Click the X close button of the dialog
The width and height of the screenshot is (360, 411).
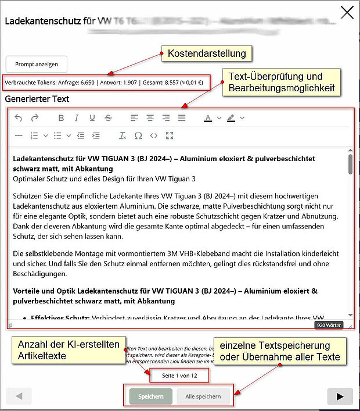(347, 13)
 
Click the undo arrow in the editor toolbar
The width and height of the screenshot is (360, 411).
(19, 118)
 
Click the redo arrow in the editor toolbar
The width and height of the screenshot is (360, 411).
(34, 118)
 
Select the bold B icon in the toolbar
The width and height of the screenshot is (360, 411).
(61, 118)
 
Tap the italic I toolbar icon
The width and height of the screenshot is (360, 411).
(76, 118)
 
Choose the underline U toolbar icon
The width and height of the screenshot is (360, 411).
(92, 118)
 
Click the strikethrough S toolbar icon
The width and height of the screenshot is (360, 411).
(107, 118)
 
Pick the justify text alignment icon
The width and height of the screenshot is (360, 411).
(182, 118)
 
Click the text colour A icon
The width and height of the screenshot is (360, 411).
(208, 118)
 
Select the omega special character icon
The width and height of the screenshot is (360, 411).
(138, 135)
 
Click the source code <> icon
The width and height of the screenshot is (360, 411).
(154, 135)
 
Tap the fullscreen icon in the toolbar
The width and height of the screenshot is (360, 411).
(170, 135)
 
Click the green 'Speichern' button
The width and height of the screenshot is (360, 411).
(150, 396)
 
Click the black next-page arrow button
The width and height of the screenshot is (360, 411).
(336, 396)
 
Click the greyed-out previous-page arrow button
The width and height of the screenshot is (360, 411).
(19, 396)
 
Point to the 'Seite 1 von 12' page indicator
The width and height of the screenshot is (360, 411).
(178, 376)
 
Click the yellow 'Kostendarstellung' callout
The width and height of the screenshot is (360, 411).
(207, 54)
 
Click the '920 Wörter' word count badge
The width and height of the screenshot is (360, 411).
(329, 325)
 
